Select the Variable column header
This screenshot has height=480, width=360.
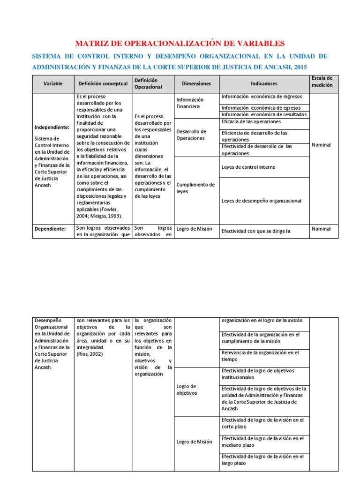click(53, 83)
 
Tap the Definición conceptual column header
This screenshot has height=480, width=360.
click(103, 83)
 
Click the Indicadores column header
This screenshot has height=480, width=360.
click(264, 83)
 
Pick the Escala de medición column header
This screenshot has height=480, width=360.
click(322, 82)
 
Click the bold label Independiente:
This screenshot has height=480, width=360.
click(52, 127)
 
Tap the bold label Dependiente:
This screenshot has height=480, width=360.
click(50, 229)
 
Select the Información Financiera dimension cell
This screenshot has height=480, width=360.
click(190, 103)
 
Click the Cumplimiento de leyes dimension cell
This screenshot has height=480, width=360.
click(195, 188)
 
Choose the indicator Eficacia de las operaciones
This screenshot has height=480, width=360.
click(251, 121)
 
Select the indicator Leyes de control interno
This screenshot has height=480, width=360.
click(248, 167)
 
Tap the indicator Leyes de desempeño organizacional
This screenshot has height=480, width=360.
click(261, 201)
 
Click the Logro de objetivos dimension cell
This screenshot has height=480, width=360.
click(186, 390)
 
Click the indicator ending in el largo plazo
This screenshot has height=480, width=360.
click(262, 459)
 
